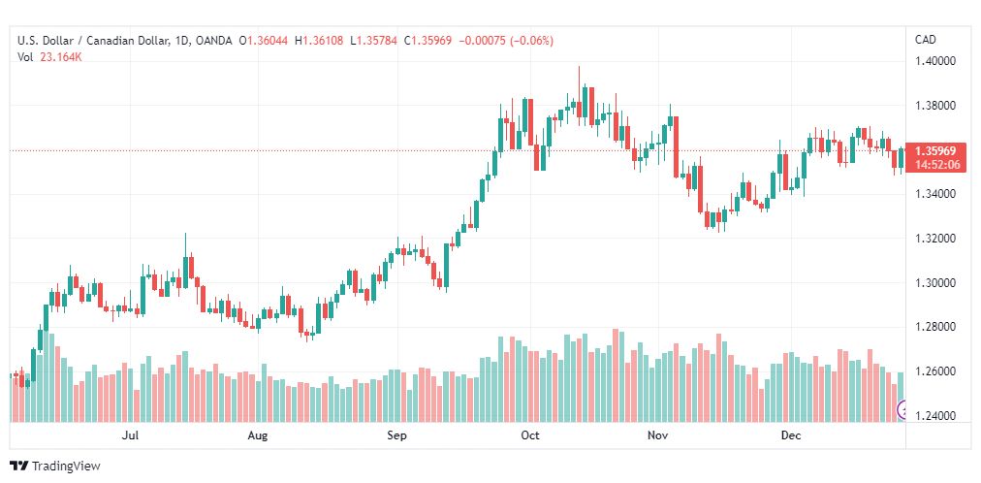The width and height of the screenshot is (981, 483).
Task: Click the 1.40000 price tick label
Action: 934,61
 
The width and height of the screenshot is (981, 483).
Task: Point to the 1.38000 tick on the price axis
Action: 934,105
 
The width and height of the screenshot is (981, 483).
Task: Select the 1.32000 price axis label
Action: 934,239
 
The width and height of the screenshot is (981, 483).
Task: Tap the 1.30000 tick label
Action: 934,283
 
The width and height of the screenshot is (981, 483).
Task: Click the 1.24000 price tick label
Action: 934,416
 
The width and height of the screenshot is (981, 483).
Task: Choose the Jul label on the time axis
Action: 130,435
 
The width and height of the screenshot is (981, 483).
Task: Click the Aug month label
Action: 258,435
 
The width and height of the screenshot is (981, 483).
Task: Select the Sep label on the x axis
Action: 396,435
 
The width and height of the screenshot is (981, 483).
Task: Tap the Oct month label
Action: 530,435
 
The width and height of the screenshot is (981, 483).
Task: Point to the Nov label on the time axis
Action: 658,435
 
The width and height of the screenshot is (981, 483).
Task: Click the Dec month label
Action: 791,435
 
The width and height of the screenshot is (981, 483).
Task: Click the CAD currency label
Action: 926,40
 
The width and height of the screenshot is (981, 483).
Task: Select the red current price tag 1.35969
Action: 934,151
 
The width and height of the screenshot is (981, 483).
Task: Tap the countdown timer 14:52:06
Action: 936,165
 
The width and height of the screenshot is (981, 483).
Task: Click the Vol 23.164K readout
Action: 50,57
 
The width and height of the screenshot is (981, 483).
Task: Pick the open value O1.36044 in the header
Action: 264,41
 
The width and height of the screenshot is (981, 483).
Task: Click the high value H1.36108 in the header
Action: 319,41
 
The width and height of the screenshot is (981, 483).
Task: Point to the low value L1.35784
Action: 373,41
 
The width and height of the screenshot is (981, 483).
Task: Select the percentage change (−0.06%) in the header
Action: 532,41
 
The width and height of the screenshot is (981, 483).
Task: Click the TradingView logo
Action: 55,466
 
